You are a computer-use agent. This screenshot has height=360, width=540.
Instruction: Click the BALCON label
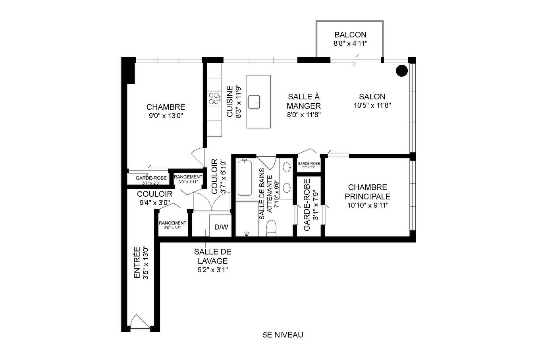[350, 35]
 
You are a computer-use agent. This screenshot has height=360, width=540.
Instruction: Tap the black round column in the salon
[402, 71]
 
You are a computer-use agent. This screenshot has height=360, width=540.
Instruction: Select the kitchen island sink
[254, 102]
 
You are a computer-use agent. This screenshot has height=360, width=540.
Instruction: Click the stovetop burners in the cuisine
[215, 98]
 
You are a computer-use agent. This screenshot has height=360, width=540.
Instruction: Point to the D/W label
[221, 227]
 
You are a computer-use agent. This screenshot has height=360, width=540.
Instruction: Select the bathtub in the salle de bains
[245, 178]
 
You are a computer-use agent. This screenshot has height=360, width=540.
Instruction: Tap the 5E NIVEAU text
[283, 335]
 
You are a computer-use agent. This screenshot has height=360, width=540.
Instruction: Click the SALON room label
[372, 97]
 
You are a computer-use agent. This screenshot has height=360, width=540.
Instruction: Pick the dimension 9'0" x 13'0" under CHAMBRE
[166, 116]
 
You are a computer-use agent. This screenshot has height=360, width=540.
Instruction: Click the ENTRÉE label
[137, 263]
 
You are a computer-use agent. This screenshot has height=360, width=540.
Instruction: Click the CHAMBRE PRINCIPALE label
[367, 192]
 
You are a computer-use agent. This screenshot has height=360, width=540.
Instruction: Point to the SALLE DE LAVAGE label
[212, 256]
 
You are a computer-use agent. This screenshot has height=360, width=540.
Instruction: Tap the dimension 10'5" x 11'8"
[372, 106]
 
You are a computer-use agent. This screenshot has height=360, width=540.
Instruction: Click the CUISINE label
[230, 102]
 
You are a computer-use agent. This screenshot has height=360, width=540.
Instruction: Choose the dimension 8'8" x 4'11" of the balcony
[350, 44]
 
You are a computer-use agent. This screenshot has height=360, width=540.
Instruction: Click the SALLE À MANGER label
[304, 101]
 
